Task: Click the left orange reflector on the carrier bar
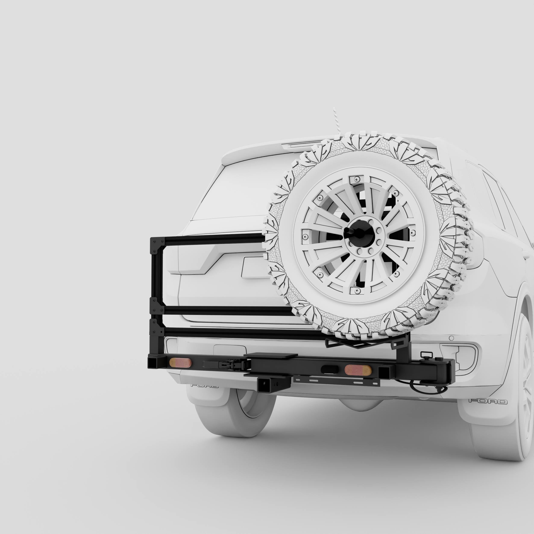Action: tap(180, 362)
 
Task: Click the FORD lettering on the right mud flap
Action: tap(488, 401)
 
